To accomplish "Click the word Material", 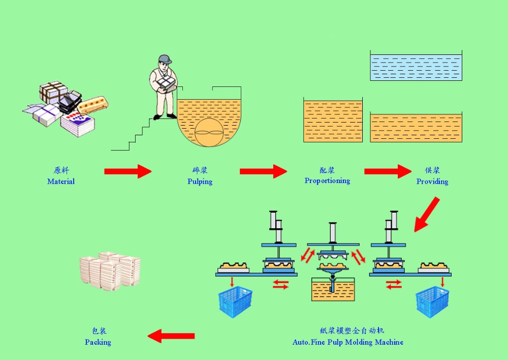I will coord(61,182).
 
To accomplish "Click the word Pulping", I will coord(200,182).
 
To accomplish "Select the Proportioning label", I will coord(327,181).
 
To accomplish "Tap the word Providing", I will coord(432,182).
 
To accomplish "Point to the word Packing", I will coord(98,342).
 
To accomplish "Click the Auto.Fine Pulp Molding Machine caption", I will coord(348,342).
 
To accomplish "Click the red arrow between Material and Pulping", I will coord(128,171).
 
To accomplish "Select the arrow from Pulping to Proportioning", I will coord(263,171).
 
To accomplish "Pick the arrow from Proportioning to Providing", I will coord(388,171).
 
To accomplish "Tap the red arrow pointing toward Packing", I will coord(171,336).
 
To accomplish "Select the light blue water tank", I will coord(416,67).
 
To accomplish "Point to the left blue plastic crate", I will coord(236,302).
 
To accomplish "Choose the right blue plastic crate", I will coord(432,302).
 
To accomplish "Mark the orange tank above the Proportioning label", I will coord(333,121).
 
